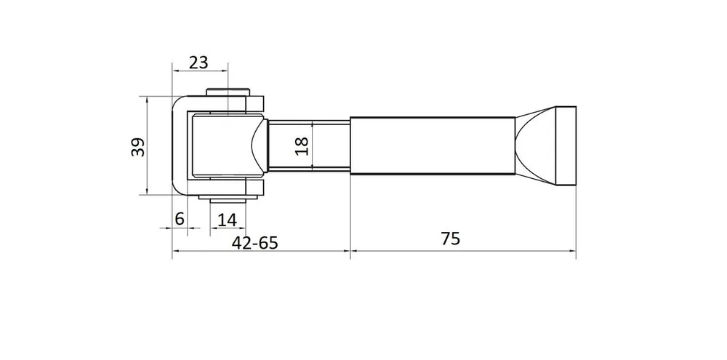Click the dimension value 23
(x=198, y=62)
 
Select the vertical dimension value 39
(x=137, y=147)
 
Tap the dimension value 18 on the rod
(x=302, y=146)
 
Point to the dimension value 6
(x=179, y=218)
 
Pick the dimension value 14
(x=227, y=220)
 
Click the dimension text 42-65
(x=254, y=242)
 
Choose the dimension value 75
(x=450, y=239)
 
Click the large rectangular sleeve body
(x=432, y=145)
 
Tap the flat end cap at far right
(x=566, y=145)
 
